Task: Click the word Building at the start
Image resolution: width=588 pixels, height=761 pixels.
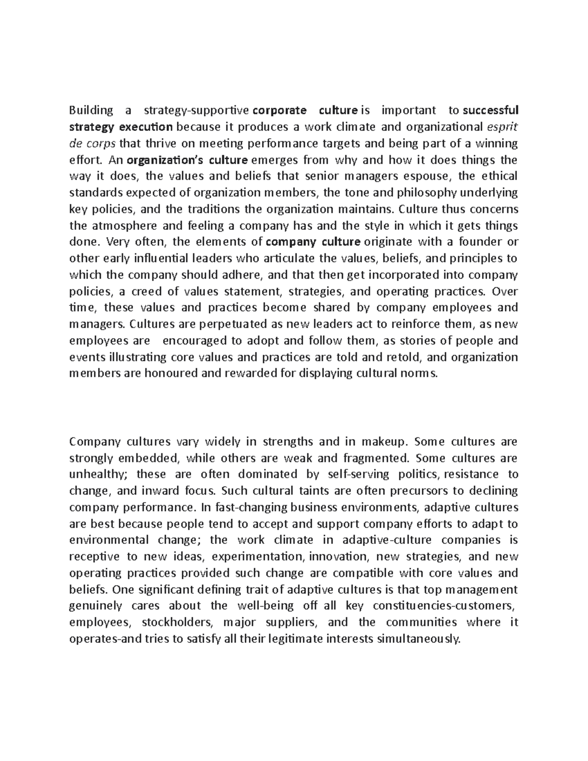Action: coord(91,110)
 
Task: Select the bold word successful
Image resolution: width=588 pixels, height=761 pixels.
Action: coord(490,110)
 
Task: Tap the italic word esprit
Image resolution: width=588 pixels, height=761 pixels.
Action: coord(502,127)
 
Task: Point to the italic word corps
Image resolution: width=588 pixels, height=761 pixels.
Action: coord(101,144)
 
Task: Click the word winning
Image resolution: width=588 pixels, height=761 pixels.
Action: coord(498,144)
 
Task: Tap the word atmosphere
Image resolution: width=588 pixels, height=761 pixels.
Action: coord(120,226)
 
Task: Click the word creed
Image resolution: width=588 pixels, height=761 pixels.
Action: coord(147,292)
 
